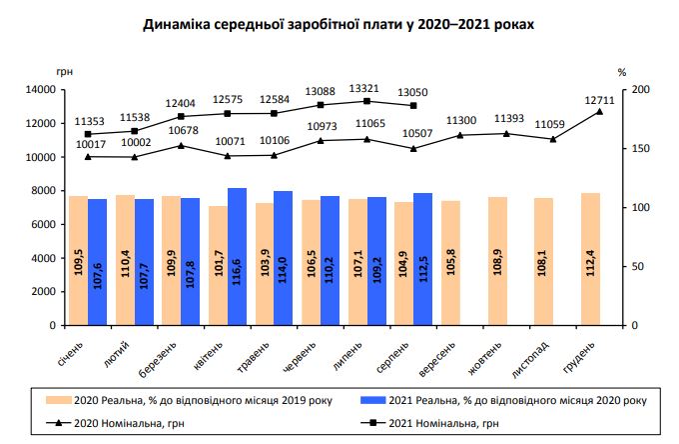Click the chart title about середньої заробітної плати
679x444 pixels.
(339, 26)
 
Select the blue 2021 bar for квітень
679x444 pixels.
(238, 256)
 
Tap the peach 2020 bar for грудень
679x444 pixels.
(590, 259)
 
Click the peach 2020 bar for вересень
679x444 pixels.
(451, 263)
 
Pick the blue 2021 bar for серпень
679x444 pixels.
(421, 259)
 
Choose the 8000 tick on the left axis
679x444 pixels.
(41, 191)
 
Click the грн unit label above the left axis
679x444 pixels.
(66, 71)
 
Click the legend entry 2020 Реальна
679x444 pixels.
(190, 400)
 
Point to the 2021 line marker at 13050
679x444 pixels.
(413, 106)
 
